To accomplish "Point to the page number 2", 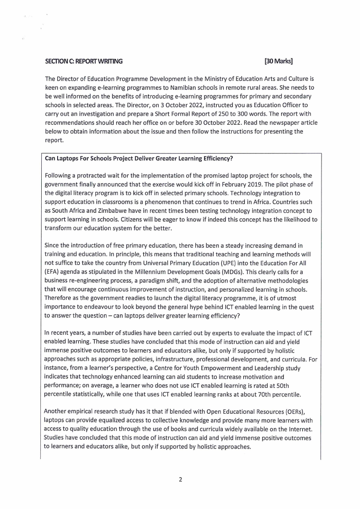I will coord(180,480).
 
